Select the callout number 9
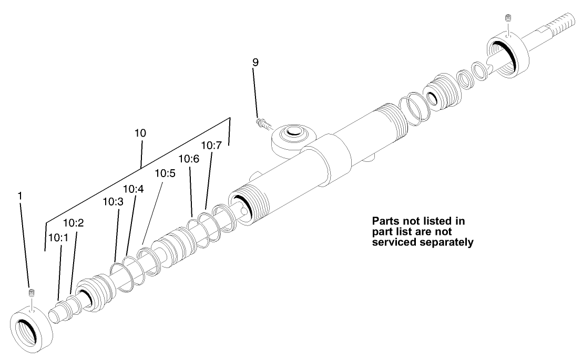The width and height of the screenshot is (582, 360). [255, 62]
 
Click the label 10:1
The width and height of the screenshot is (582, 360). [58, 238]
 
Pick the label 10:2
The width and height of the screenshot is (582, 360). [74, 223]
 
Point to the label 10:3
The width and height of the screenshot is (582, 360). [113, 201]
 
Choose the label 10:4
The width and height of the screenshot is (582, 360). [134, 189]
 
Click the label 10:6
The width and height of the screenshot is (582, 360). [189, 158]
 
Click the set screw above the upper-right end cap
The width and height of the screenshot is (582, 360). [508, 18]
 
